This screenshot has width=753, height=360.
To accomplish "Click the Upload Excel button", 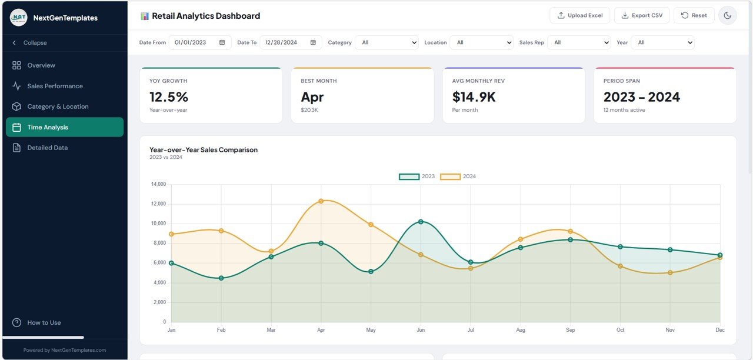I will pyautogui.click(x=579, y=15).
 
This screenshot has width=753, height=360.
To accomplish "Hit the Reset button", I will pyautogui.click(x=694, y=15).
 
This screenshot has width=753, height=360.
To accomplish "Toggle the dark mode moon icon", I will pyautogui.click(x=727, y=15).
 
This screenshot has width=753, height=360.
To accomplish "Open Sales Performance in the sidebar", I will pyautogui.click(x=55, y=86).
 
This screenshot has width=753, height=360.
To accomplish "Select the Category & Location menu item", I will pyautogui.click(x=58, y=106).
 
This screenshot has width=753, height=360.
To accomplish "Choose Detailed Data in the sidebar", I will pyautogui.click(x=47, y=148).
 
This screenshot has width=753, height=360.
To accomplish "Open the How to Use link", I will pyautogui.click(x=44, y=322).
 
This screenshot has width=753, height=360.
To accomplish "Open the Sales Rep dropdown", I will pyautogui.click(x=579, y=42).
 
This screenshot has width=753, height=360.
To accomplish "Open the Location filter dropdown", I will pyautogui.click(x=481, y=42).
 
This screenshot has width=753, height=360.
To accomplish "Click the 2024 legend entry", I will pyautogui.click(x=458, y=176).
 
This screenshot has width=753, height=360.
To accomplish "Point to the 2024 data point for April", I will pyautogui.click(x=321, y=201).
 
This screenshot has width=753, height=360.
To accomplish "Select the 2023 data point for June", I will pyautogui.click(x=421, y=222).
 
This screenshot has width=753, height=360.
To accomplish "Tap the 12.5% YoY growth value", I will pyautogui.click(x=169, y=97).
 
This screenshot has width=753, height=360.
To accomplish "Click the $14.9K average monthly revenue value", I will pyautogui.click(x=474, y=97).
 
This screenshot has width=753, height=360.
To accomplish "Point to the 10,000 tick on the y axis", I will pyautogui.click(x=158, y=224).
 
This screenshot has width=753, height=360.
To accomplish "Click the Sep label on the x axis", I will pyautogui.click(x=570, y=330).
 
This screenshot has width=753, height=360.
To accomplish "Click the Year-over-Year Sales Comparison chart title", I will pyautogui.click(x=204, y=150).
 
